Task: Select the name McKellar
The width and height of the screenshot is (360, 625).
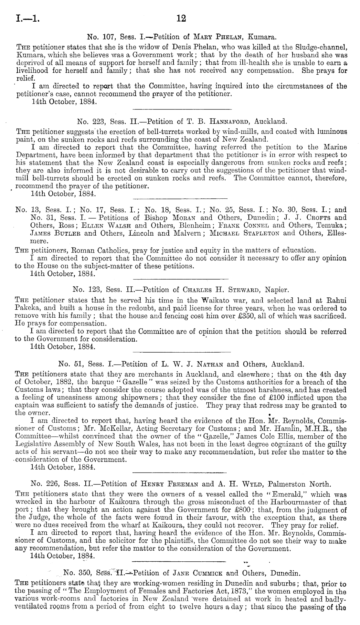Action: [x=113, y=429]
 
